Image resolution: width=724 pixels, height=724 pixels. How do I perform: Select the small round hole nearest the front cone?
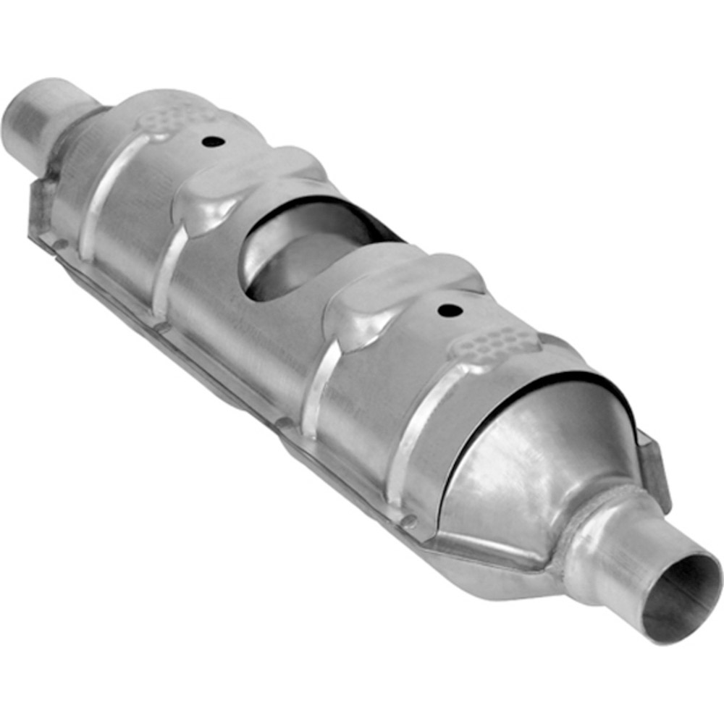click(x=450, y=311)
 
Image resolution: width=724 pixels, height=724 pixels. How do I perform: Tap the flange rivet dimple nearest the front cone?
click(x=410, y=520)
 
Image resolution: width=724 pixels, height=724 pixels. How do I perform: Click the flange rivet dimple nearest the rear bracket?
click(x=62, y=243)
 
